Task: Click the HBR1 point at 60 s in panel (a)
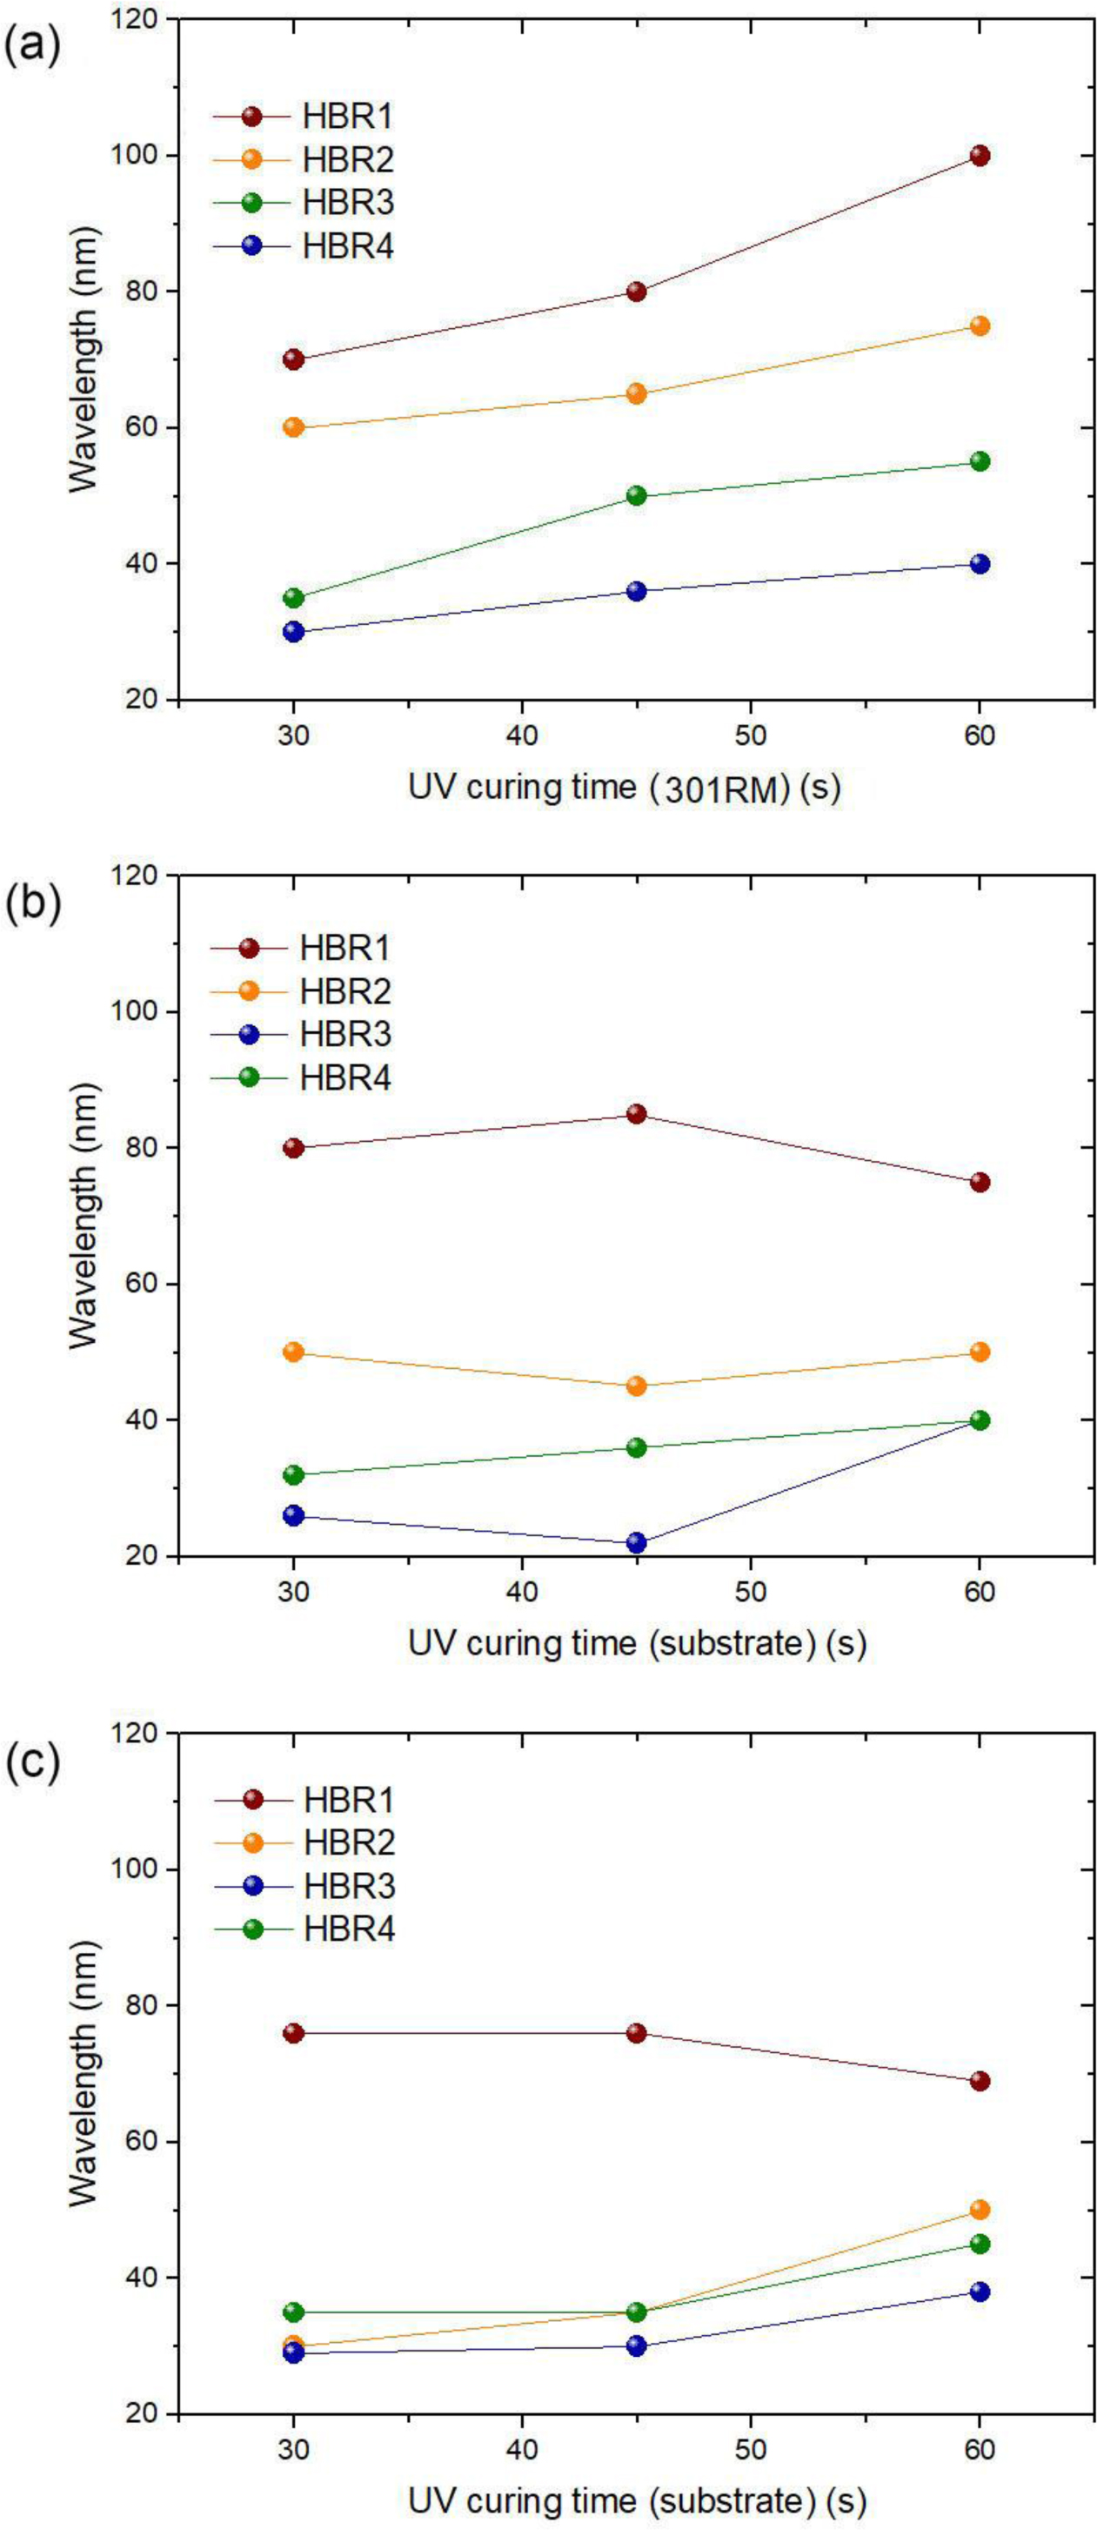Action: pyautogui.click(x=980, y=155)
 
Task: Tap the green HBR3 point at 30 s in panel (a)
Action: pyautogui.click(x=292, y=598)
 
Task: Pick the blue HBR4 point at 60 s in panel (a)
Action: pyautogui.click(x=980, y=564)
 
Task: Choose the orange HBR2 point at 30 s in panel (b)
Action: pyautogui.click(x=292, y=1352)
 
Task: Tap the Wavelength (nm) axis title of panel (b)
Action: pyautogui.click(x=86, y=1215)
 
